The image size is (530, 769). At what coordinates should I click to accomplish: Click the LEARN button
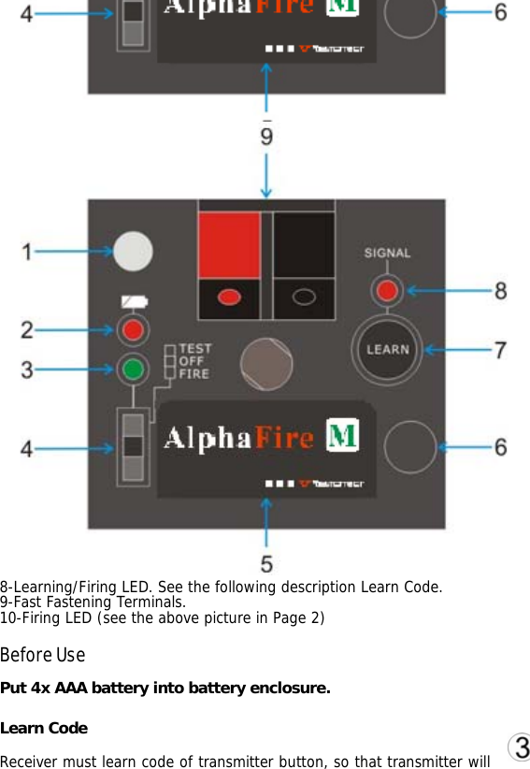(387, 349)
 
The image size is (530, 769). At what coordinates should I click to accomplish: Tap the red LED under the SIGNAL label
(385, 291)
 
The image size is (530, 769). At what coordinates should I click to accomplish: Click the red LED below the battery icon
(134, 329)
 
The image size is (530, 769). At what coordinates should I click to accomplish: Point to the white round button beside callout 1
(134, 251)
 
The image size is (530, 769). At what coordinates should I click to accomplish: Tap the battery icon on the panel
(134, 302)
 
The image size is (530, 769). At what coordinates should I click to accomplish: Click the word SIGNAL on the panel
(387, 253)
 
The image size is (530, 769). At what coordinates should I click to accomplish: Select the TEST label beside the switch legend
(194, 349)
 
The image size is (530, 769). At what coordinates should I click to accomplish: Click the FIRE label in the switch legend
(194, 373)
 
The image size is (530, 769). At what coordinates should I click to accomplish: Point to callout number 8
(501, 291)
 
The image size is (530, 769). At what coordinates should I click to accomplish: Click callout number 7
(501, 350)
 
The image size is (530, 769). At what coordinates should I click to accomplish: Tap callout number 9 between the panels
(267, 137)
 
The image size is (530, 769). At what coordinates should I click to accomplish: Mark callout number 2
(28, 329)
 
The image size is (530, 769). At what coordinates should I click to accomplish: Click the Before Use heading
(43, 654)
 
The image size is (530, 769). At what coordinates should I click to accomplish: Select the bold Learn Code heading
(44, 728)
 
